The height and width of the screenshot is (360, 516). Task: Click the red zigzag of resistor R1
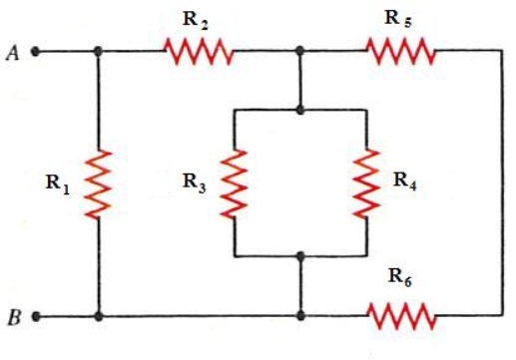coord(99,183)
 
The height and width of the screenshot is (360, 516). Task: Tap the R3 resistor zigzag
coord(233,183)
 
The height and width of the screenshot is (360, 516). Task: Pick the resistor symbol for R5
coord(401,50)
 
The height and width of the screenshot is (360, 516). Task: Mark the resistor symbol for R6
coord(402,316)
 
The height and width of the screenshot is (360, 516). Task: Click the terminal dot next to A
coord(37,51)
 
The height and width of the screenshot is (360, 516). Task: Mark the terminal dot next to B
coord(37,317)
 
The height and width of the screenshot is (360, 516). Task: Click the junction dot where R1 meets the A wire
coord(99,51)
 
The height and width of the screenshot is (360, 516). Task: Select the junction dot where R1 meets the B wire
coord(99,317)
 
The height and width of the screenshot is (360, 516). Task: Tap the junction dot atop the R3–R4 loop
coord(300,109)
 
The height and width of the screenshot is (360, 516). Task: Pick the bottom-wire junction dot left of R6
coord(300,317)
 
